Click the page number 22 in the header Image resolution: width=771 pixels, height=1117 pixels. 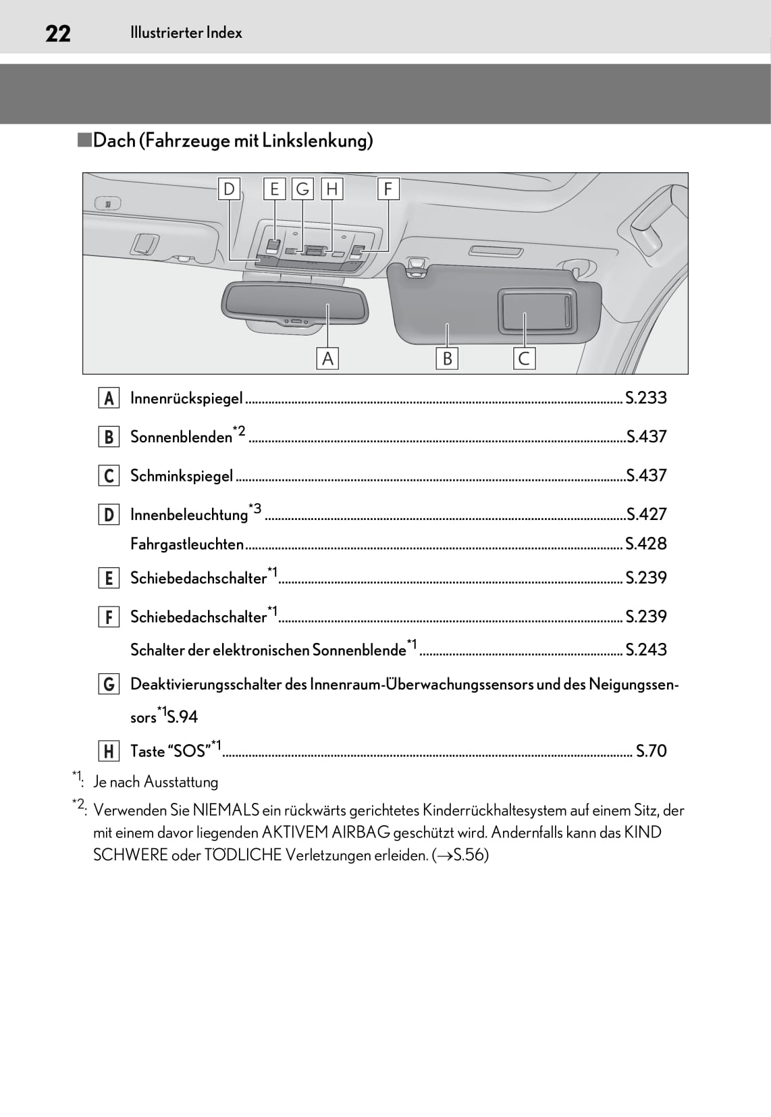tap(58, 33)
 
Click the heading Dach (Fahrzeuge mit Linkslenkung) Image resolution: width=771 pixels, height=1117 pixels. tap(232, 140)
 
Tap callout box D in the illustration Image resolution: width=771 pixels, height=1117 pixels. tap(229, 189)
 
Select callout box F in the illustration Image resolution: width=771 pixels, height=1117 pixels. tap(388, 189)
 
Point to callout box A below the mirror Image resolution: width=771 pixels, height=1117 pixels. tap(327, 358)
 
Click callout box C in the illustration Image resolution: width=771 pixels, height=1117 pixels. tap(524, 358)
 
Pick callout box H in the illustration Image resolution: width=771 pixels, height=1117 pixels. tap(331, 189)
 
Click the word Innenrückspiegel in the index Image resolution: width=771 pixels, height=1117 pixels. tap(186, 398)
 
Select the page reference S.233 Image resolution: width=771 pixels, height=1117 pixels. tap(645, 398)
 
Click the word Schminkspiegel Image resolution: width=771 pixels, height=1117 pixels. tap(182, 476)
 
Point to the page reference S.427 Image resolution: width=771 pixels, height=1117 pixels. tap(646, 515)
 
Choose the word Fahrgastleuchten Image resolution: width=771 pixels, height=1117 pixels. tap(187, 544)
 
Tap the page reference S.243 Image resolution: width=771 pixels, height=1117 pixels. tap(645, 650)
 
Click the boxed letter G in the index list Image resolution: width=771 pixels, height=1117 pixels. tap(109, 684)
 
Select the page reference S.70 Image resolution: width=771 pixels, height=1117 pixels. tap(651, 751)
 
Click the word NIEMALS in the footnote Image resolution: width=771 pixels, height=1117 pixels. tap(226, 810)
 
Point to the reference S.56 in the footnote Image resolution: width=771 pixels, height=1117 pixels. tap(469, 855)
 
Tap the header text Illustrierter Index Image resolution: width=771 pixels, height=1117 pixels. tap(186, 33)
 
